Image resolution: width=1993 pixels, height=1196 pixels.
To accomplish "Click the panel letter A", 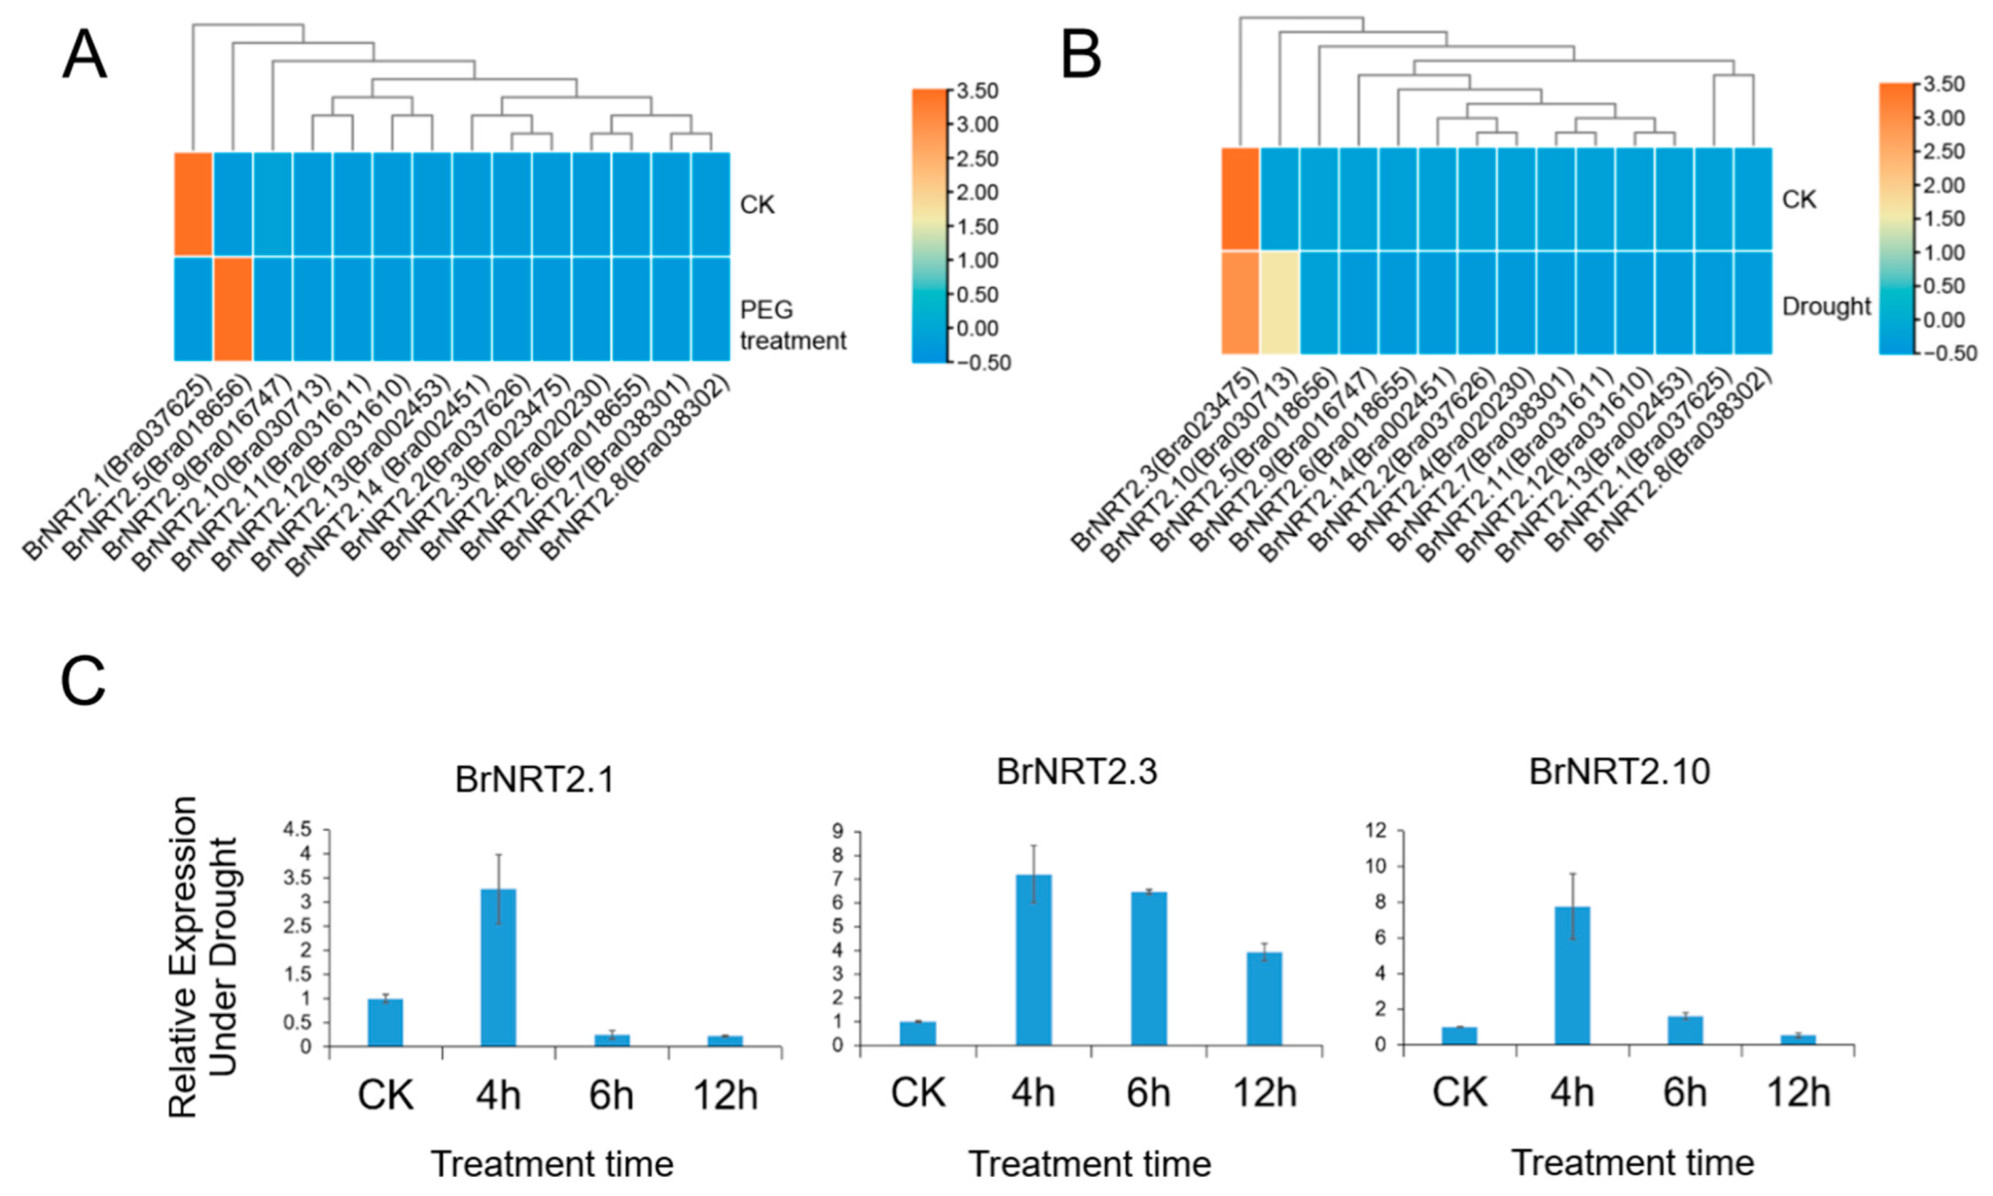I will [84, 55].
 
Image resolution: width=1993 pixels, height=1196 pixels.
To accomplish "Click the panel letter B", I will [1082, 55].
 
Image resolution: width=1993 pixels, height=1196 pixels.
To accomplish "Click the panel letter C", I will [83, 681].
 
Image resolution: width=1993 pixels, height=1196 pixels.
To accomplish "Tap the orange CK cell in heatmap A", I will [193, 204].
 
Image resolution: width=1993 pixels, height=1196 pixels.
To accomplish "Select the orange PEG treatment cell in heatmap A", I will [233, 308].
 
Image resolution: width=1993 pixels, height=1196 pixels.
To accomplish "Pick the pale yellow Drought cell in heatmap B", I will [1280, 302].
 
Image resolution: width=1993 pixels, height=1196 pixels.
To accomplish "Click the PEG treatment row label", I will [792, 325].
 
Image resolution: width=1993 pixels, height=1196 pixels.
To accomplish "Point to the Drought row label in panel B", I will [1825, 307].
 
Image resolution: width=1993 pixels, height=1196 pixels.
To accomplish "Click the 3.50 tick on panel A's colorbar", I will [978, 91].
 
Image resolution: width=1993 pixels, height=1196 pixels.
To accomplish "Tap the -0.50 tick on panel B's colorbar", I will [1950, 354].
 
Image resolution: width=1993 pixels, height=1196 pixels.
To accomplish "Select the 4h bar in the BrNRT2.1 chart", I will [498, 967].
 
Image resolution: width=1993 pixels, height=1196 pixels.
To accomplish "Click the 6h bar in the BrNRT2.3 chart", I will [1148, 968].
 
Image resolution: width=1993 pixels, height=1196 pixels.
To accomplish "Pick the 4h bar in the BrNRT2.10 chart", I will [1572, 975].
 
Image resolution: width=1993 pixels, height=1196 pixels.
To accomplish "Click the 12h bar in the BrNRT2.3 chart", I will [1264, 998].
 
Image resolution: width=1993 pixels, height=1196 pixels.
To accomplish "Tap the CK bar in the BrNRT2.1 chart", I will [385, 1022].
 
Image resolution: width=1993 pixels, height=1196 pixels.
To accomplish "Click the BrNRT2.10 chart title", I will [1619, 772].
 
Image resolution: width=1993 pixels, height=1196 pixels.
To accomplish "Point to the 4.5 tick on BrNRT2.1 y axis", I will [297, 829].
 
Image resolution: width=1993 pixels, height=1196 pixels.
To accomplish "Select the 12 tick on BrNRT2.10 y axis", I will [1375, 831].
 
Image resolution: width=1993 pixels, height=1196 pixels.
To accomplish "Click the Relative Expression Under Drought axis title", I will [204, 956].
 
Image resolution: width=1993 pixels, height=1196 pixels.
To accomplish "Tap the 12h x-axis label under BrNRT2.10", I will [1798, 1093].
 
